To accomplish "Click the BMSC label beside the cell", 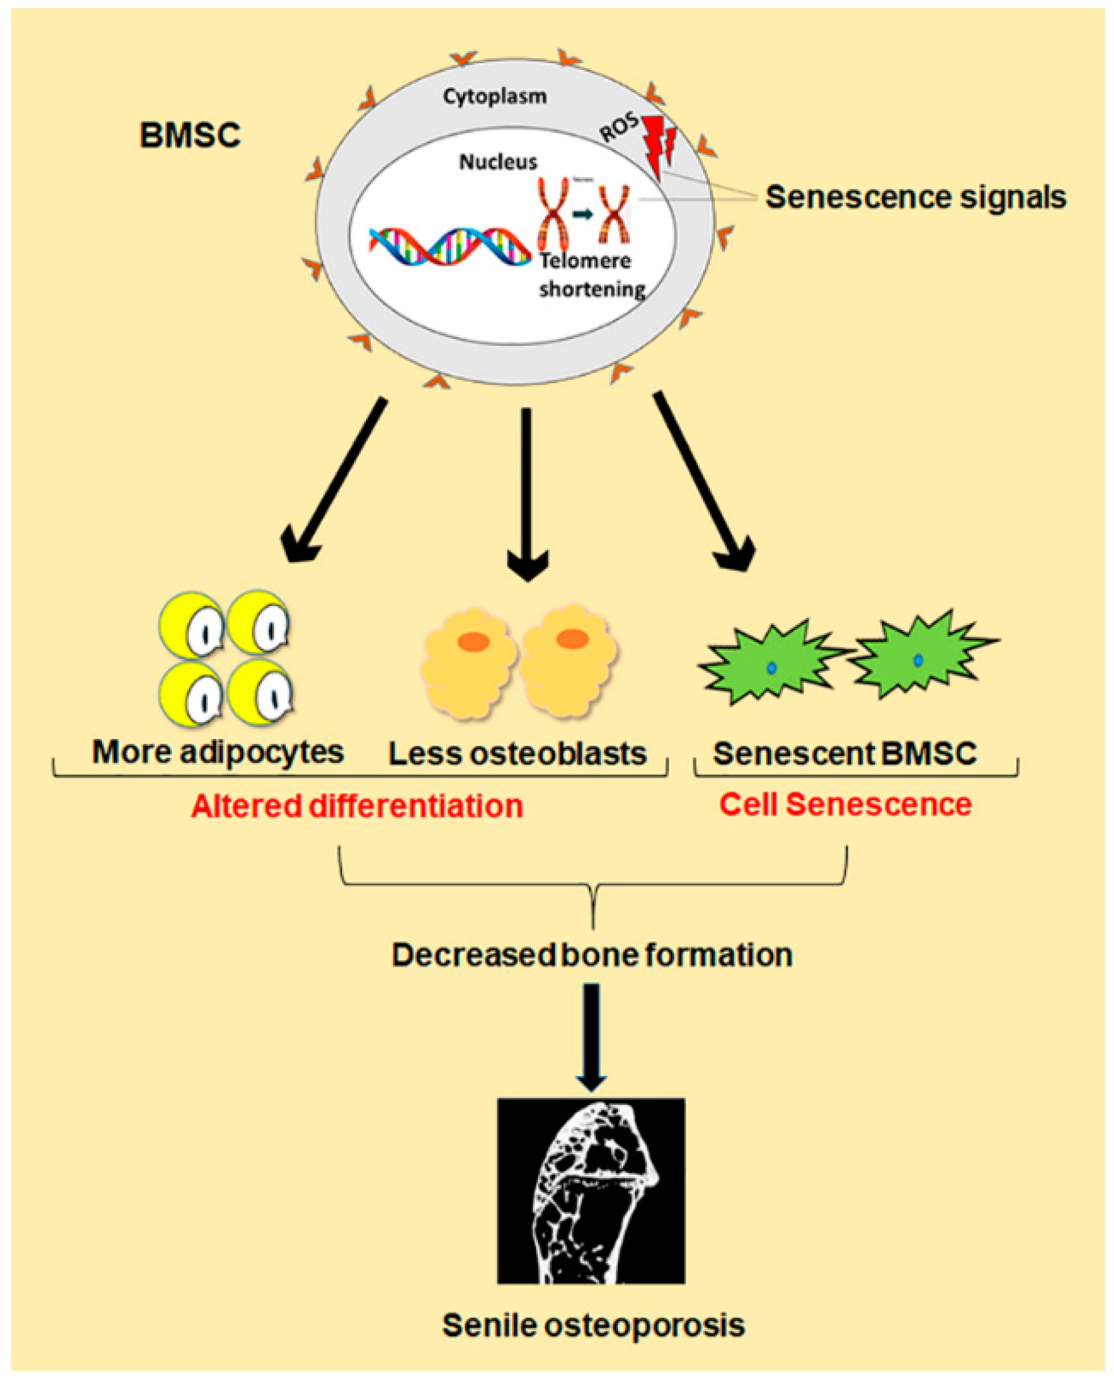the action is pos(190,136).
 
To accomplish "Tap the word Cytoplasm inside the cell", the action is pos(495,97).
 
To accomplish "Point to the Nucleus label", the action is pos(498,162).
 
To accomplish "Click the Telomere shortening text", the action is pos(592,275).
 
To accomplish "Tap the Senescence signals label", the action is pos(916,197).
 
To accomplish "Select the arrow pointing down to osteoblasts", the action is pos(527,494).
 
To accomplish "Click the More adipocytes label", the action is pos(218,752).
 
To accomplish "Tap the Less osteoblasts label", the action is pos(517,754).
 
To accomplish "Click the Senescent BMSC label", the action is pos(844,753).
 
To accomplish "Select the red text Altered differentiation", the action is pos(357,807).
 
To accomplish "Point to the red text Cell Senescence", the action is pos(845,805).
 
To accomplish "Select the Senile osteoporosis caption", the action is pos(594,1325).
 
